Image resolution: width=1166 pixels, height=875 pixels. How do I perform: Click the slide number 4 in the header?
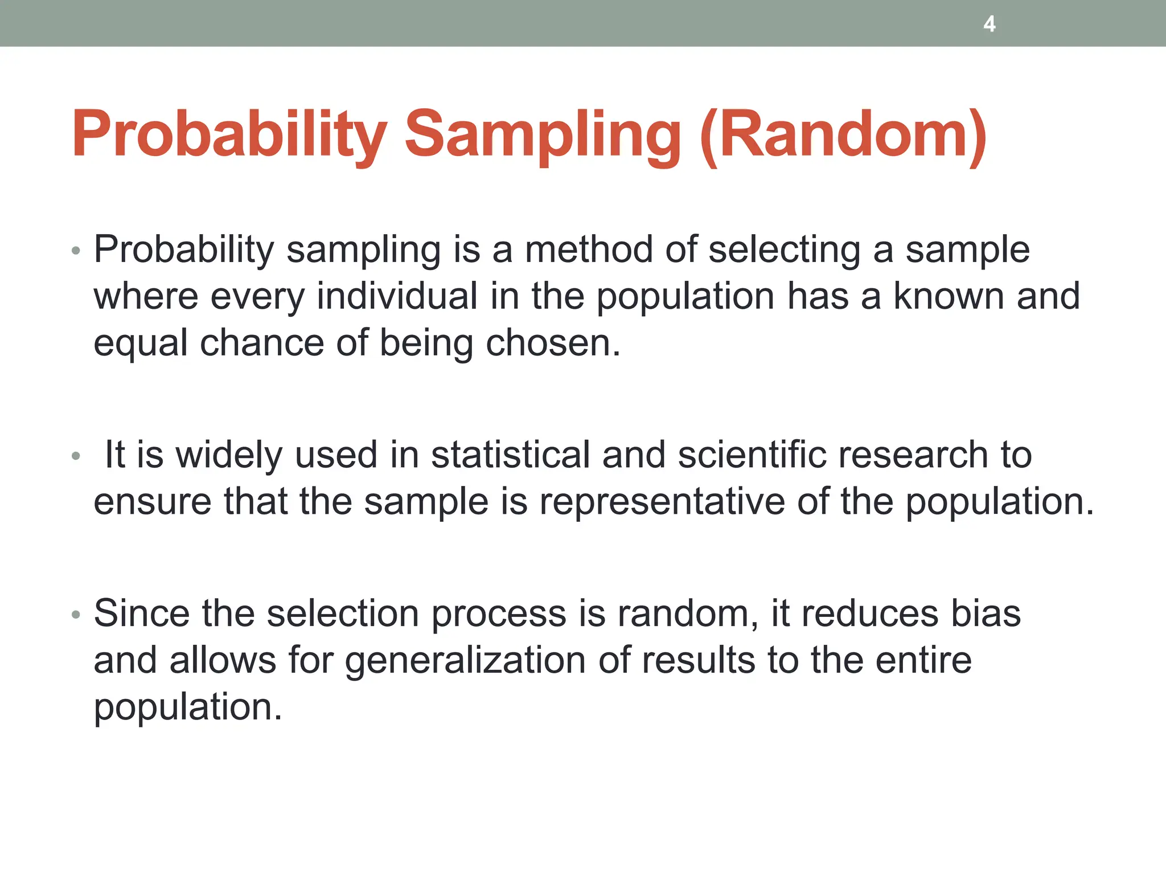[x=989, y=24]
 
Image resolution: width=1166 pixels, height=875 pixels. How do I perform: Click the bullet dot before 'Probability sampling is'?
[x=76, y=251]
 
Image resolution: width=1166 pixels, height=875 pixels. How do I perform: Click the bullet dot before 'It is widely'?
[x=76, y=456]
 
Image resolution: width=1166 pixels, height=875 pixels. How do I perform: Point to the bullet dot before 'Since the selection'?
[x=76, y=615]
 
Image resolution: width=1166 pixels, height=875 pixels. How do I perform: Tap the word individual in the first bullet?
[x=397, y=296]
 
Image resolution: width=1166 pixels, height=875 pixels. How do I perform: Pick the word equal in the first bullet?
[x=141, y=344]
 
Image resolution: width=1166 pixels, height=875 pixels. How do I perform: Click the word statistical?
[x=510, y=455]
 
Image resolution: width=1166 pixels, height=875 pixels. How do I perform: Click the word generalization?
[x=465, y=661]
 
